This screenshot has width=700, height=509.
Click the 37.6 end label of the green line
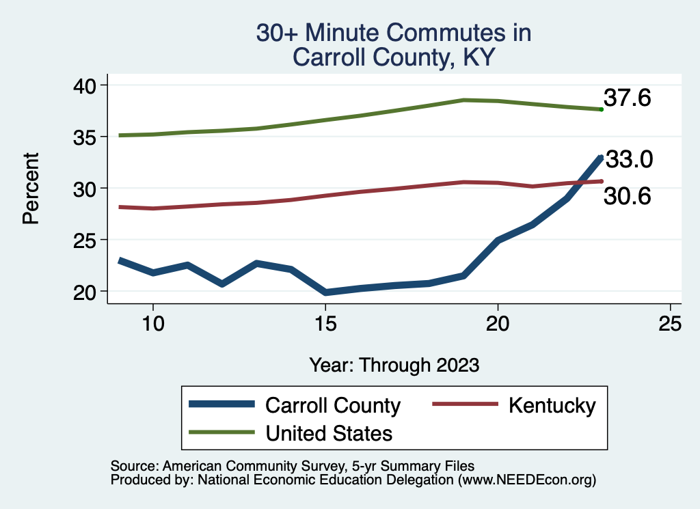coord(627,98)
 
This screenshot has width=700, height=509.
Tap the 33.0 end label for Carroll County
coord(630,160)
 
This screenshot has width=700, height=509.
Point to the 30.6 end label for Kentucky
coord(627,197)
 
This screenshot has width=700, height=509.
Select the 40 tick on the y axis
coord(87,85)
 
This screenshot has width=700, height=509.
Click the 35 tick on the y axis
coord(87,137)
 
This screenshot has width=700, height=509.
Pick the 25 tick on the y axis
coord(87,240)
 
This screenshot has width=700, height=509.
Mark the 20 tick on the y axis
coord(87,292)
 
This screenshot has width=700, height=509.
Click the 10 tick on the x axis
coord(152,324)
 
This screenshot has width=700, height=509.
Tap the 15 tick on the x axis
coord(325,324)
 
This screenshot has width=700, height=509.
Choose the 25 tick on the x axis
coord(671,324)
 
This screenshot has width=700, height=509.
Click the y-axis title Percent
coord(31,188)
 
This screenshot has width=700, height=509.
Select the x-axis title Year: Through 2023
coord(394,365)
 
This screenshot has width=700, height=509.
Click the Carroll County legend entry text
coord(332,405)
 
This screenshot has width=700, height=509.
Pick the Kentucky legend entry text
coord(552,405)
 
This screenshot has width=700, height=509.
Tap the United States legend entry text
coord(329,432)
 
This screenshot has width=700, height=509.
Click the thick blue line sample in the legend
coord(222,405)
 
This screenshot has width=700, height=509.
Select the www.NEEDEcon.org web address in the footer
coord(526,480)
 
